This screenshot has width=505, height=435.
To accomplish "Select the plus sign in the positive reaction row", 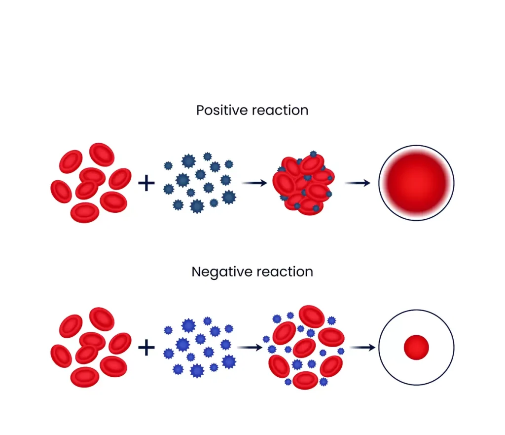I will [146, 184].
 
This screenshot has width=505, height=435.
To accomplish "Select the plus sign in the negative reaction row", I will [146, 348].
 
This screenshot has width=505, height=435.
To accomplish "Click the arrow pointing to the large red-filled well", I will [358, 183].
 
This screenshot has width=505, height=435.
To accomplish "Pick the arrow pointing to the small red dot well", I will [364, 348].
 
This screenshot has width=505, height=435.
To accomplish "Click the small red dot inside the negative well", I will [416, 348].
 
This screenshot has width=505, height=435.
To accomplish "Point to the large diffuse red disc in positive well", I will [416, 183].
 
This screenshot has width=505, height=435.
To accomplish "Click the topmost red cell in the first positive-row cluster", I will [102, 154].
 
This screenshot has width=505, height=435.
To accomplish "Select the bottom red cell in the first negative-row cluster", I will [85, 377].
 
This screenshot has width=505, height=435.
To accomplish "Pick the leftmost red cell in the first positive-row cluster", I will [61, 192].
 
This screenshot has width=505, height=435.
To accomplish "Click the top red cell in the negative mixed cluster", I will [312, 316].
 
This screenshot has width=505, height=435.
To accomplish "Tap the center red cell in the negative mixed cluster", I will [304, 348].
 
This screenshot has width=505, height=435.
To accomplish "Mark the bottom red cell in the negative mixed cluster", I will [305, 380].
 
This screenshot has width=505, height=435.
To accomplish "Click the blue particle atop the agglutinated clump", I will [313, 155].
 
